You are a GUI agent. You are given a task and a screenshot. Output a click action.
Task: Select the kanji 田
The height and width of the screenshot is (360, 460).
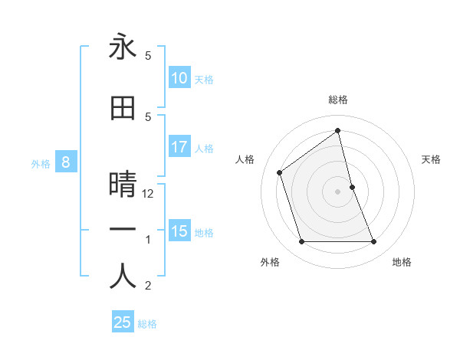coord(123,108)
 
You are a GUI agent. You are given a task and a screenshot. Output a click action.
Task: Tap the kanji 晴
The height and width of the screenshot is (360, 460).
coord(123,185)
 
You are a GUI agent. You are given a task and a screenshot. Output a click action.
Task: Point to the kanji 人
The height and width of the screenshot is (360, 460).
coord(123,276)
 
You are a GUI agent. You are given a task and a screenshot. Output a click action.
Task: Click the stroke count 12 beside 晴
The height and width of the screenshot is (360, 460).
coord(149,194)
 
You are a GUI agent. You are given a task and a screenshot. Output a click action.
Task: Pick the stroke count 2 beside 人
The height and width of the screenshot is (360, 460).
coord(148,286)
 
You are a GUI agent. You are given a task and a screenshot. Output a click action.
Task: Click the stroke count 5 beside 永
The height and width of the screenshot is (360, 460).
coord(148,56)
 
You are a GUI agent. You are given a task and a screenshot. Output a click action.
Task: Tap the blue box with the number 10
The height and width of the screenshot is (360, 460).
coord(179,78)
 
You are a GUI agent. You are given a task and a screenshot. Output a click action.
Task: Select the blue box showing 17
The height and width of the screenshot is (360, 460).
coord(179,147)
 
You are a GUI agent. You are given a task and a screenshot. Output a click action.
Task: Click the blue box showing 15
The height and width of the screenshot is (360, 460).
coord(179,231)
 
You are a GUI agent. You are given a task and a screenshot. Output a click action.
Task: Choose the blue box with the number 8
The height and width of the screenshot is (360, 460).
coord(66,162)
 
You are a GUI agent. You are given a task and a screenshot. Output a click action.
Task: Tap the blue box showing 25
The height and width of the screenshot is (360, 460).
coord(123,322)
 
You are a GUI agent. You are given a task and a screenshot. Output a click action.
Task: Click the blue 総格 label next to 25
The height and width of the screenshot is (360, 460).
coord(147,324)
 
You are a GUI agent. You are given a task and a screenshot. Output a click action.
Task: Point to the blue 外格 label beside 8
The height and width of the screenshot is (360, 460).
coord(41,163)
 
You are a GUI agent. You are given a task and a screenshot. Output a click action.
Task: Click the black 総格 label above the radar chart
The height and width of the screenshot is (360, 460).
coord(338,100)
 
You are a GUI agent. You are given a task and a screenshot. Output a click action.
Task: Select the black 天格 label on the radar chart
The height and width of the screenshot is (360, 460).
coord(432,159)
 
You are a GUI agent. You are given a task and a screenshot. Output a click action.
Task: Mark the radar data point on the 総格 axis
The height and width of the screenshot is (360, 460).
coord(338,131)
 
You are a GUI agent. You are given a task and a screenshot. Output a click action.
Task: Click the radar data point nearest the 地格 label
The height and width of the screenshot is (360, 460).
coord(374,242)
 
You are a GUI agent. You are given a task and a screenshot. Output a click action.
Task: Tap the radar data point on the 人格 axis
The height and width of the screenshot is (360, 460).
coord(280,172)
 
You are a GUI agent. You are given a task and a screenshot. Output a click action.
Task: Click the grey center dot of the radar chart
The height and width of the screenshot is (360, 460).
coord(338,191)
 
